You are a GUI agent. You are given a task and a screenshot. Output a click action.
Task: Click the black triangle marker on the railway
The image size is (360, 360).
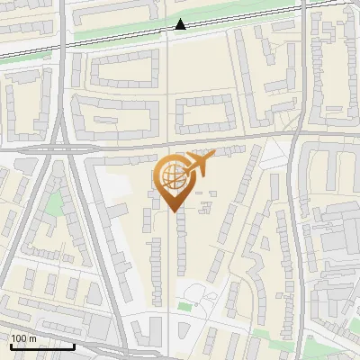click(x=181, y=24)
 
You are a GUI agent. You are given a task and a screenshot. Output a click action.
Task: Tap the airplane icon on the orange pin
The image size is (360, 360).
click(x=200, y=163)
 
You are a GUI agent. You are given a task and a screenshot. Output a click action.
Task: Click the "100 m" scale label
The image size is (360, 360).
click(x=24, y=337)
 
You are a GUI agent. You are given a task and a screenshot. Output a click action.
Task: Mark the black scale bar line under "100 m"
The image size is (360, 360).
click(x=41, y=346)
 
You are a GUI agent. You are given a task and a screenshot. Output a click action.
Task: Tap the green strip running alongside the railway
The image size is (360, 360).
click(x=117, y=31)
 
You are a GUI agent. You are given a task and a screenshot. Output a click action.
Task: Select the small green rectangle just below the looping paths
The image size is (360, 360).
click(x=184, y=307)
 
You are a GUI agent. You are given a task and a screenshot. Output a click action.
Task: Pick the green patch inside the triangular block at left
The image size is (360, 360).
click(x=55, y=204)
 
